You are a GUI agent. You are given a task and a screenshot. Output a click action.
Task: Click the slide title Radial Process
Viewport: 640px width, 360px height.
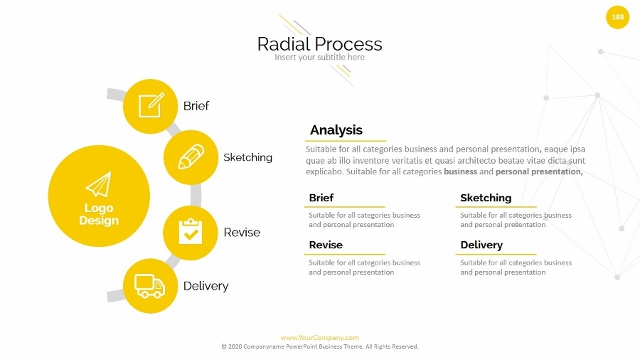click(319, 44)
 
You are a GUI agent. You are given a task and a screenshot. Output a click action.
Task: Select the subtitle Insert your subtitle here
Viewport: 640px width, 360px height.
click(319, 58)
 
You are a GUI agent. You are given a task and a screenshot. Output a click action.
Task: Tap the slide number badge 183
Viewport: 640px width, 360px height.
click(617, 17)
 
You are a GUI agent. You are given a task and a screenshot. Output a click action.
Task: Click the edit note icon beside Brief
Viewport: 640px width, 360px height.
click(150, 106)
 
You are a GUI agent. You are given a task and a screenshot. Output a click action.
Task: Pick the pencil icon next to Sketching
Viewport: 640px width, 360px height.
click(191, 157)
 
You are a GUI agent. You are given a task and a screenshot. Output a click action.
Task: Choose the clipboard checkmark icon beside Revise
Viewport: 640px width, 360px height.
click(190, 232)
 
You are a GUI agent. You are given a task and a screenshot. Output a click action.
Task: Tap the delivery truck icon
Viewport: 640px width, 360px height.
click(149, 286)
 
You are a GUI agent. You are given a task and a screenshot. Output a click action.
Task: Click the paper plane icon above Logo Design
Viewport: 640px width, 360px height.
click(99, 184)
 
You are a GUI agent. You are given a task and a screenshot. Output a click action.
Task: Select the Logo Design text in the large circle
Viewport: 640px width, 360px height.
click(99, 214)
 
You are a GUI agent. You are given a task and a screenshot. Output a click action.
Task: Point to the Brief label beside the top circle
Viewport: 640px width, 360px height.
click(196, 106)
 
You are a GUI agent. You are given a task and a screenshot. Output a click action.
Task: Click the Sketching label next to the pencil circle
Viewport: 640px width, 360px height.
click(247, 157)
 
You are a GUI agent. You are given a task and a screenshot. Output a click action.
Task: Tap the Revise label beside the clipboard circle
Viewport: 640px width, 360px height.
click(242, 233)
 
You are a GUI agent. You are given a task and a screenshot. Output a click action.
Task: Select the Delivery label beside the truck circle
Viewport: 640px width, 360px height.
click(206, 286)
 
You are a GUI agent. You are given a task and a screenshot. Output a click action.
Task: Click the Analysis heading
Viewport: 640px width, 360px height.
click(336, 130)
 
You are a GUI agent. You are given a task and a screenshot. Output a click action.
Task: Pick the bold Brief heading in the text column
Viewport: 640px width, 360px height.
click(321, 198)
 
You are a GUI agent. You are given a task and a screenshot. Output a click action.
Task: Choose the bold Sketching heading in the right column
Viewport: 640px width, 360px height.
click(486, 198)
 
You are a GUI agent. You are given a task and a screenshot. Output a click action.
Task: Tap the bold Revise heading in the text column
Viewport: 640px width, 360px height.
click(326, 245)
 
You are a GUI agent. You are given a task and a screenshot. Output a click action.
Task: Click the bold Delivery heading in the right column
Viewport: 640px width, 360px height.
click(481, 245)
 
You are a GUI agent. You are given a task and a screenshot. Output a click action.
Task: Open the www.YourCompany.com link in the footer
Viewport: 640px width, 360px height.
click(319, 338)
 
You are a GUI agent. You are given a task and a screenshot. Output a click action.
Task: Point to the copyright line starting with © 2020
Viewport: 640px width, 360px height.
click(319, 346)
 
